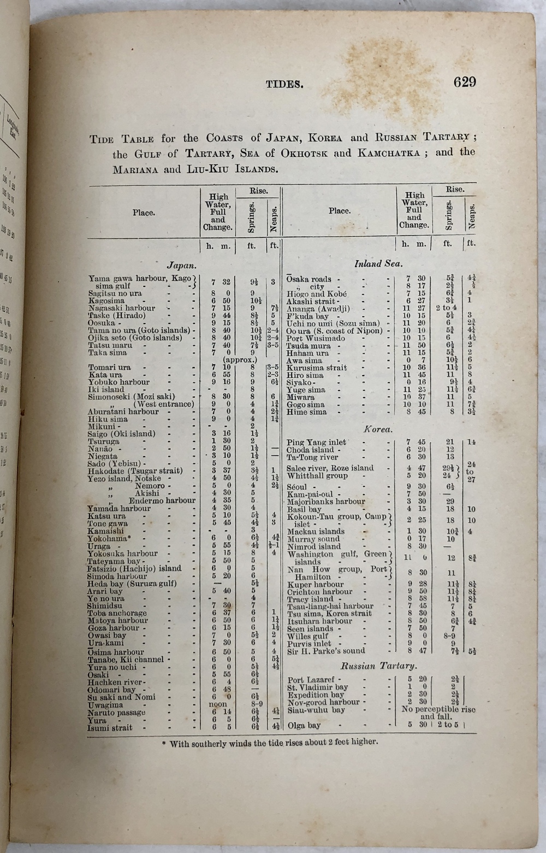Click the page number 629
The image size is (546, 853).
pyautogui.click(x=465, y=82)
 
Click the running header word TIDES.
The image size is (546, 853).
pyautogui.click(x=284, y=84)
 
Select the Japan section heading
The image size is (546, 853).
pyautogui.click(x=181, y=266)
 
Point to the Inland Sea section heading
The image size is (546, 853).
pyautogui.click(x=378, y=263)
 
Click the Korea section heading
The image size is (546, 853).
pyautogui.click(x=378, y=429)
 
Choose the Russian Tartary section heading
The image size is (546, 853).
pyautogui.click(x=379, y=666)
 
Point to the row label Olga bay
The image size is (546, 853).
pyautogui.click(x=304, y=726)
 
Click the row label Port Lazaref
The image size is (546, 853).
pyautogui.click(x=311, y=680)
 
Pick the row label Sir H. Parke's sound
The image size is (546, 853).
pyautogui.click(x=326, y=651)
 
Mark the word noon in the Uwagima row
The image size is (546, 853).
pyautogui.click(x=218, y=705)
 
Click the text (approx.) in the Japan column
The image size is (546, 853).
pyautogui.click(x=240, y=361)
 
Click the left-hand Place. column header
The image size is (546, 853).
pyautogui.click(x=144, y=213)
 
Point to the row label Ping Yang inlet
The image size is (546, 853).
pyautogui.click(x=316, y=442)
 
